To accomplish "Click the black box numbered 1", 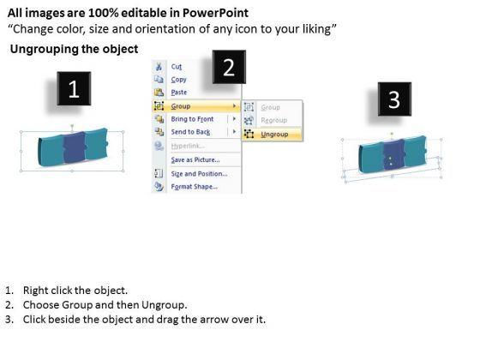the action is (74, 88).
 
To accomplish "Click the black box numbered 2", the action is (229, 67).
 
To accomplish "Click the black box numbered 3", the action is (394, 99).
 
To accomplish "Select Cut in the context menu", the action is (177, 67).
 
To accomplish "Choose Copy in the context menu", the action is (179, 80).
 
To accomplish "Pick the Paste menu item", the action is (179, 93).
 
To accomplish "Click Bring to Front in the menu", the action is (192, 119).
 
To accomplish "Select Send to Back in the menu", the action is (190, 132).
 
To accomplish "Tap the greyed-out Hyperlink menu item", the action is (188, 146).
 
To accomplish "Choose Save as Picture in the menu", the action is (195, 159).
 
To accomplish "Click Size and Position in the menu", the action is (199, 173).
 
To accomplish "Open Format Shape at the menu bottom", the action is (194, 187).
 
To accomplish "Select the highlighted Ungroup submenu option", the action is (274, 134).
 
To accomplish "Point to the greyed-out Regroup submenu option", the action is (274, 120).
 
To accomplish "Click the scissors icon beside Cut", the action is (159, 67).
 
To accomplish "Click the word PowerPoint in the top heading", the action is (215, 13).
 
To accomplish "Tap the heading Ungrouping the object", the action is (74, 49).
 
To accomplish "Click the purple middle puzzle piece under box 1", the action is (75, 147).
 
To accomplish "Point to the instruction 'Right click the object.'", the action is (75, 291).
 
